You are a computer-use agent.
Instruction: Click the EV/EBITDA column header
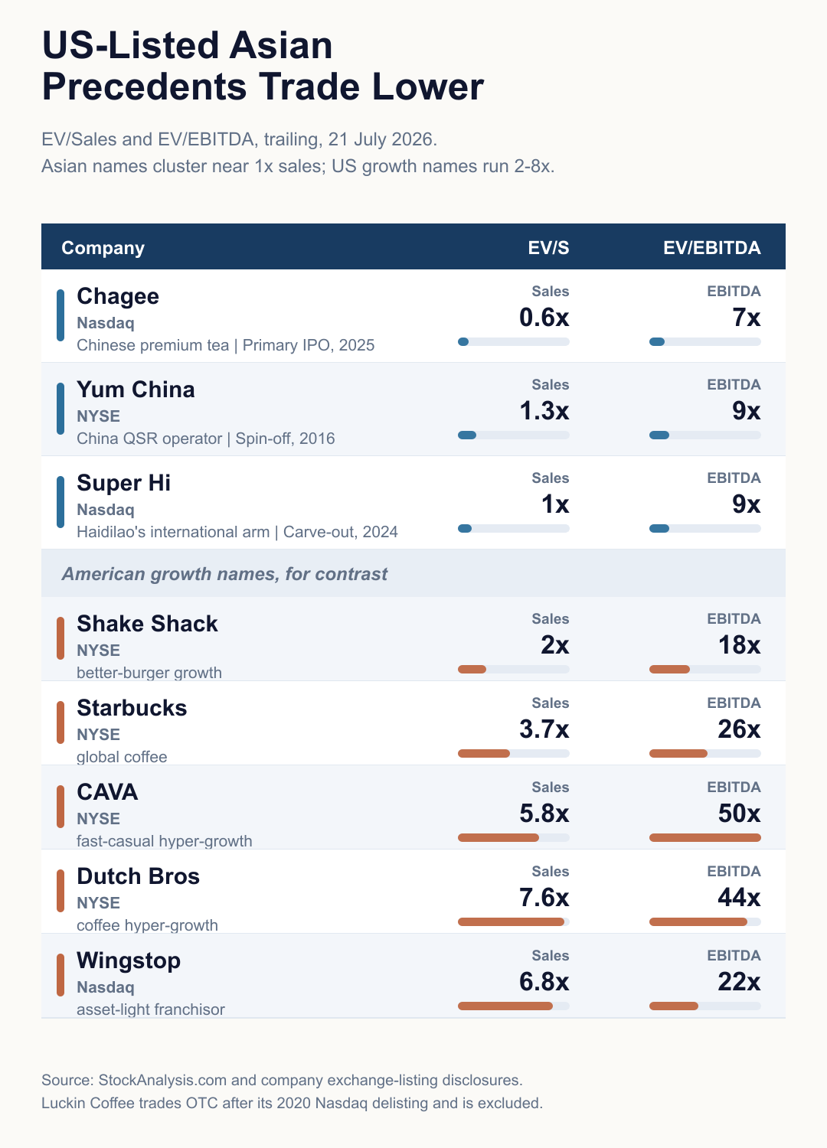point(711,248)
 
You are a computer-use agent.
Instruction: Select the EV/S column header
point(548,248)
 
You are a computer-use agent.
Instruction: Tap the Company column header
point(103,248)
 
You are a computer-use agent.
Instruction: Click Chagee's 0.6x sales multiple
point(544,318)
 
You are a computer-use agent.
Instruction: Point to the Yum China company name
point(136,390)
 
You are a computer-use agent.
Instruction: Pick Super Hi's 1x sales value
point(555,504)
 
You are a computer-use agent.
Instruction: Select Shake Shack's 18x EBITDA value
point(740,644)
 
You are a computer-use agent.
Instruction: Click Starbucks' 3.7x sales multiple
point(544,729)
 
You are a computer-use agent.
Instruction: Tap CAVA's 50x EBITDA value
point(740,814)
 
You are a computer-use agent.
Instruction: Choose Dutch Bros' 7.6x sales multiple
point(544,898)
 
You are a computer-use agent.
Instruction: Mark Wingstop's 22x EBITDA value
point(740,981)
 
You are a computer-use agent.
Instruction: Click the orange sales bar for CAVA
point(498,837)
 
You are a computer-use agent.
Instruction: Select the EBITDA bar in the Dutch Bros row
point(698,921)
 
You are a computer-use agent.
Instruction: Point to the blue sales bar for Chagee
point(463,342)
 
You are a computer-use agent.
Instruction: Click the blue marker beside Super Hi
point(60,502)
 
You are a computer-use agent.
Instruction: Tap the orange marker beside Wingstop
point(60,975)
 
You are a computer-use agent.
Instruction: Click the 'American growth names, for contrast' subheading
point(224,574)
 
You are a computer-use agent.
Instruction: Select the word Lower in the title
point(427,86)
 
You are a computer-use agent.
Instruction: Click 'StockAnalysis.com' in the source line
point(162,1080)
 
